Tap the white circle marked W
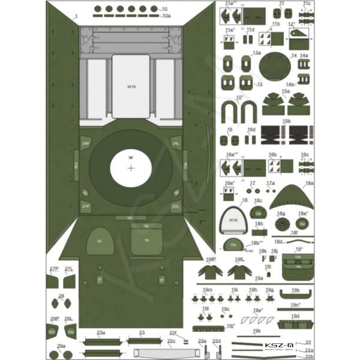[x=131, y=167]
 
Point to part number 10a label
[x=166, y=16]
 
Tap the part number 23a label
[x=100, y=332]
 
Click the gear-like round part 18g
[x=281, y=223]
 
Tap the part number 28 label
[x=61, y=296]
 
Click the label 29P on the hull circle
[x=86, y=144]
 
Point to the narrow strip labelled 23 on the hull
[x=130, y=218]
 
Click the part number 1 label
[x=76, y=18]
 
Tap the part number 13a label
[x=256, y=53]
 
